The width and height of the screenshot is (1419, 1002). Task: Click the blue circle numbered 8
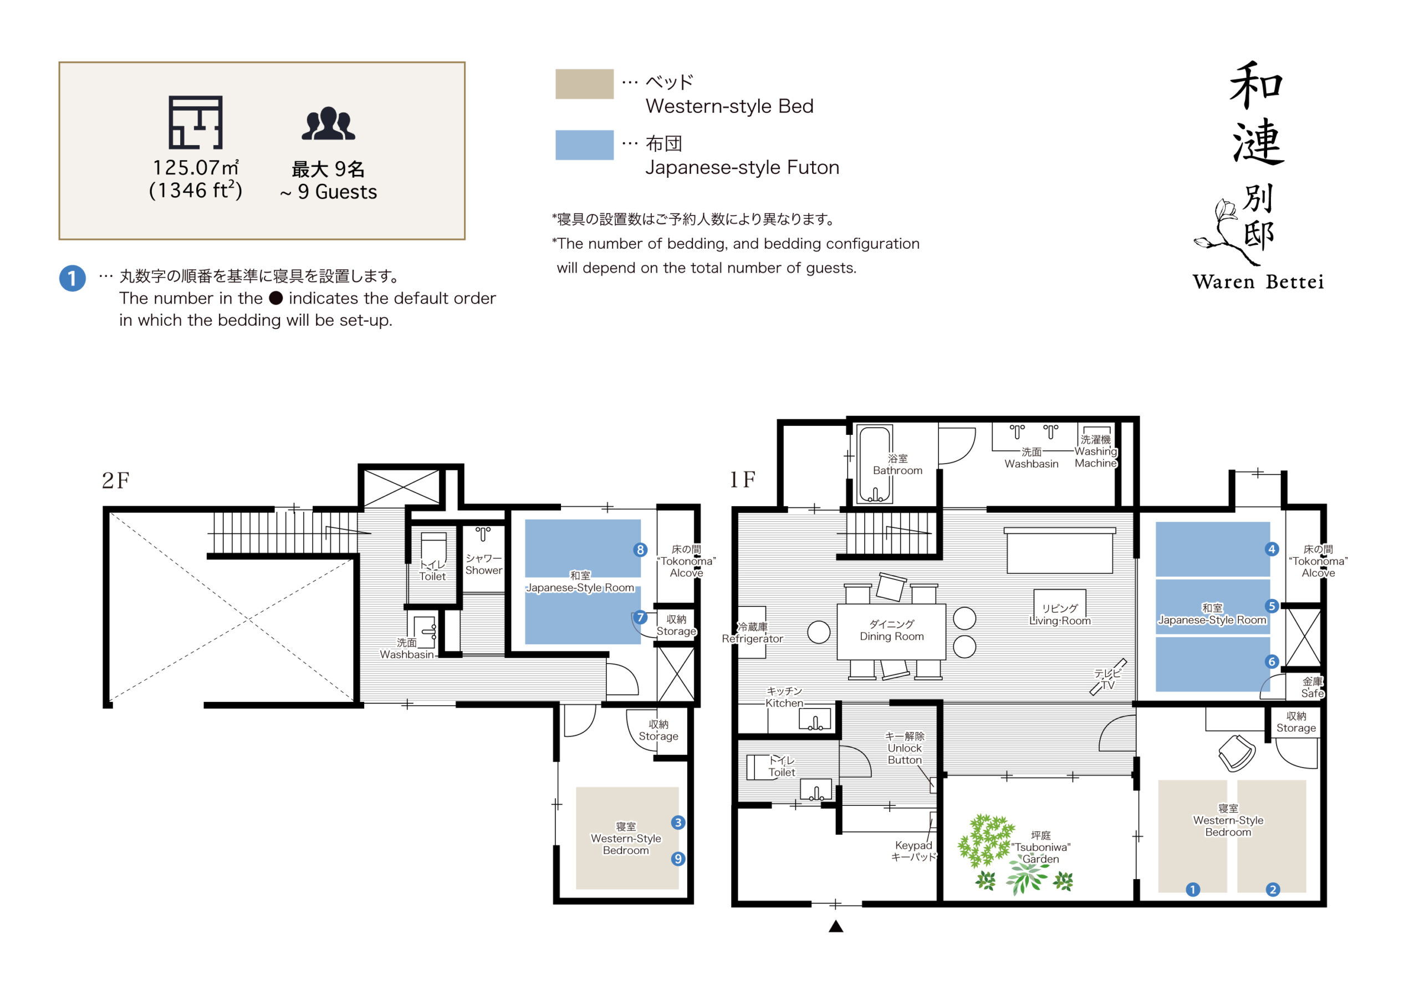pos(640,550)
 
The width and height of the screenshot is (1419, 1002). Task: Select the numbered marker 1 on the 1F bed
pos(1193,890)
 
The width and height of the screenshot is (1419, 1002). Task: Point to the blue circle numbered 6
pos(1272,661)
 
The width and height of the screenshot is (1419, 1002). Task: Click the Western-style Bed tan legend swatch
pos(584,84)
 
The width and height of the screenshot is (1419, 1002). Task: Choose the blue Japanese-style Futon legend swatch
pos(584,145)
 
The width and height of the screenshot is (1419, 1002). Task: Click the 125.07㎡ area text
pos(195,168)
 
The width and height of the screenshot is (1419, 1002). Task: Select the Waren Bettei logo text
pos(1258,282)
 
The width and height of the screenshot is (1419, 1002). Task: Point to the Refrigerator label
pos(752,633)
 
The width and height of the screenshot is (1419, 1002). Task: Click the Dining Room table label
pos(891,630)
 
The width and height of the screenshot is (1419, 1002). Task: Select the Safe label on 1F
pos(1312,687)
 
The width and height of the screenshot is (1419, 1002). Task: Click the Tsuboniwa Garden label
pos(1041,847)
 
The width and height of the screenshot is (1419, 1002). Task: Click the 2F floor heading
pos(116,481)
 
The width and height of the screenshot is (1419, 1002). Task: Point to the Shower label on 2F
pos(483,564)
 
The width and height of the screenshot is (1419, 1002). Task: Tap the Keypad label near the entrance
pos(913,851)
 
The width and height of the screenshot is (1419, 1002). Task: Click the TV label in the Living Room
pos(1107,680)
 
